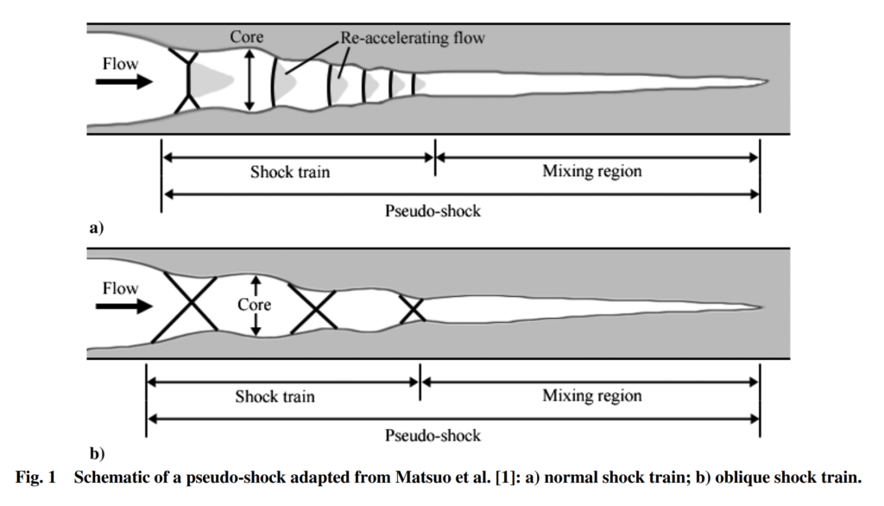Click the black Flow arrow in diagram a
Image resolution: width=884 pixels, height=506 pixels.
(x=124, y=82)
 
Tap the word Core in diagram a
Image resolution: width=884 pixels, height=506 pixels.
(x=246, y=37)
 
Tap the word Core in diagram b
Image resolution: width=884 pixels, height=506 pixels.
(x=254, y=305)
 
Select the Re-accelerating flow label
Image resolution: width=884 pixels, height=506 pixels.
(x=412, y=37)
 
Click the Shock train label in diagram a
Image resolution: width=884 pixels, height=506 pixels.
(x=290, y=172)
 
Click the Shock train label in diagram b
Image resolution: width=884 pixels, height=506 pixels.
(x=275, y=397)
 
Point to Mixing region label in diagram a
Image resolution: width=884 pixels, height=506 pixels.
(x=591, y=171)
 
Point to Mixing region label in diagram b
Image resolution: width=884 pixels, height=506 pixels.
(x=591, y=396)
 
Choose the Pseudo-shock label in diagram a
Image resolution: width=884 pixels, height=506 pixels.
(x=433, y=211)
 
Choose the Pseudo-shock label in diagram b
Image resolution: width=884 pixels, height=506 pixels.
(x=433, y=435)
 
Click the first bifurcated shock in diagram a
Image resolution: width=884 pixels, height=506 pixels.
(x=188, y=82)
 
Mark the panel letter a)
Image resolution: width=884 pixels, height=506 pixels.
(x=96, y=228)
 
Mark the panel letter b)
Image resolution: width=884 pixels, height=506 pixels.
(x=96, y=452)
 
